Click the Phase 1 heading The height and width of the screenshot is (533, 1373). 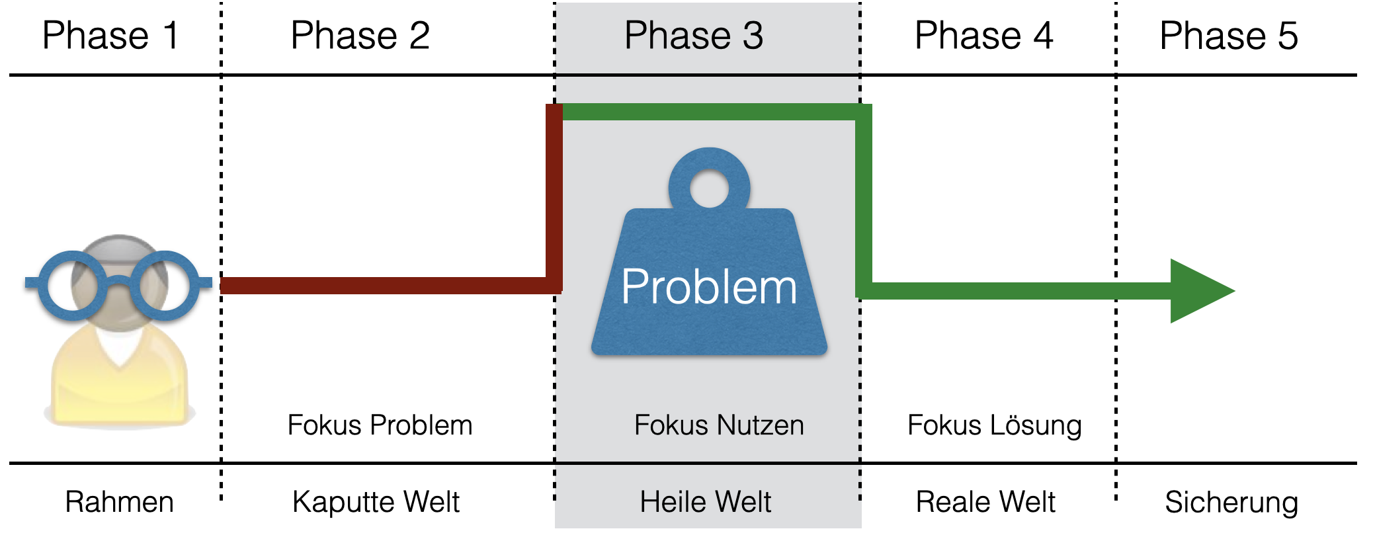[110, 36]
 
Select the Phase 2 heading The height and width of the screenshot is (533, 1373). [360, 36]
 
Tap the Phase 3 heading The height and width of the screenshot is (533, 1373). [694, 36]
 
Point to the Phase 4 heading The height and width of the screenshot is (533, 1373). [983, 36]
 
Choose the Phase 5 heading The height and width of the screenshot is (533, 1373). [1229, 36]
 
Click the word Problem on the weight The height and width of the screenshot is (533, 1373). [709, 287]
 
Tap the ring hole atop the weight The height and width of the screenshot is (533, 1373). [709, 188]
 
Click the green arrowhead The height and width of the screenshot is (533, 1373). [1197, 291]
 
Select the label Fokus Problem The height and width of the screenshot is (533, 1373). [380, 425]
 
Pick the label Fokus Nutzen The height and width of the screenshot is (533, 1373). [719, 425]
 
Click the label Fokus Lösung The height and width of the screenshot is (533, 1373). [994, 425]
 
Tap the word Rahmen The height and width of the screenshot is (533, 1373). [120, 502]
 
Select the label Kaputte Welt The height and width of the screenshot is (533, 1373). [376, 502]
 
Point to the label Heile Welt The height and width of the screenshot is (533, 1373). [705, 502]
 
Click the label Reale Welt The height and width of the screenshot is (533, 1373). [985, 502]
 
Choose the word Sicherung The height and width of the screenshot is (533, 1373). [1231, 502]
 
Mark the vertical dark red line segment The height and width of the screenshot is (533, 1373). [554, 198]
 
